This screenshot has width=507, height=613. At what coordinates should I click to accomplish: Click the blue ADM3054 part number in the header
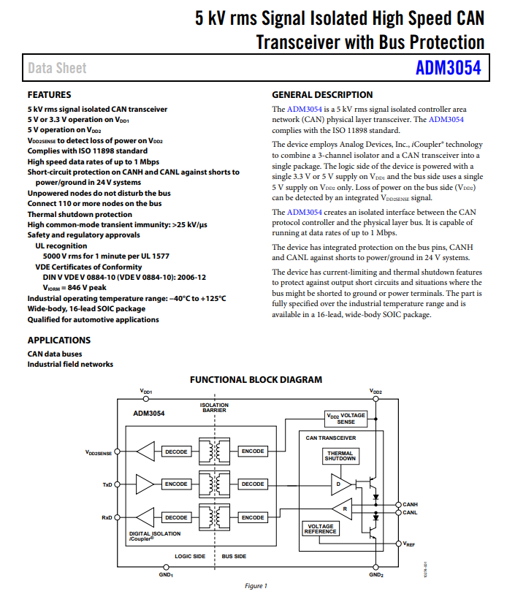click(x=448, y=68)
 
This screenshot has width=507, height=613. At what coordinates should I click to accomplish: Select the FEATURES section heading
click(x=49, y=94)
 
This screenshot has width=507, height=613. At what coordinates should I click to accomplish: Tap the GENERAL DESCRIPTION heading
click(x=322, y=94)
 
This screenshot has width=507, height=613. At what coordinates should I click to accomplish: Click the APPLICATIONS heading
click(x=59, y=340)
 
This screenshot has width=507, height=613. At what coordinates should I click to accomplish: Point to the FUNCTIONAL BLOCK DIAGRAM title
click(x=256, y=380)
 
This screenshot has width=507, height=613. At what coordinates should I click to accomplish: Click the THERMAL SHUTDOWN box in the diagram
click(x=340, y=456)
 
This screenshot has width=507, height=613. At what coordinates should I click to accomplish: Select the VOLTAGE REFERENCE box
click(x=321, y=529)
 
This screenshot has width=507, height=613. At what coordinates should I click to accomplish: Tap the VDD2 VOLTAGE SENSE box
click(x=346, y=419)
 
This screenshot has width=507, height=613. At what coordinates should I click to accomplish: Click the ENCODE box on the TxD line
click(x=176, y=484)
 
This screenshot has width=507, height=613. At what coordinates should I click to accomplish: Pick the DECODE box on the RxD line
click(x=176, y=517)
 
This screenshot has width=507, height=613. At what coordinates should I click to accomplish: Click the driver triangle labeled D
click(x=341, y=484)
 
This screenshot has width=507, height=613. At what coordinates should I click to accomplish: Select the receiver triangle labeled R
click(x=342, y=509)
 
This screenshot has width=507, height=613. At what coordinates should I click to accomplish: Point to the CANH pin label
click(x=410, y=504)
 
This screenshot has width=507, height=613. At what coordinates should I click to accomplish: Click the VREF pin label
click(x=408, y=544)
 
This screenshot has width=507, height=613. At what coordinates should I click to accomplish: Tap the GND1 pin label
click(x=166, y=575)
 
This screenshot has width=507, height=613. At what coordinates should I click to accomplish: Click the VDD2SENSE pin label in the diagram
click(x=99, y=453)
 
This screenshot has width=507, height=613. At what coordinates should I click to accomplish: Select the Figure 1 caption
click(x=256, y=586)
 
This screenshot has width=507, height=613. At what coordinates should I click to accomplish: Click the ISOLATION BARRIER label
click(x=214, y=408)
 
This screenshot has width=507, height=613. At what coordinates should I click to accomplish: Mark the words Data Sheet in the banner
click(x=57, y=68)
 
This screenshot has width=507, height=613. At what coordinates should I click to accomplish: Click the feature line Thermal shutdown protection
click(x=80, y=214)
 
